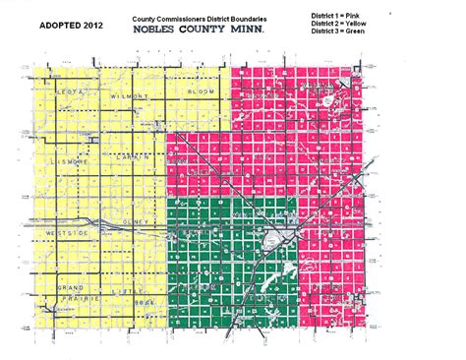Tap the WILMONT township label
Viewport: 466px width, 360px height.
135,98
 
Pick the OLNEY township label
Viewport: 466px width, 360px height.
134,222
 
